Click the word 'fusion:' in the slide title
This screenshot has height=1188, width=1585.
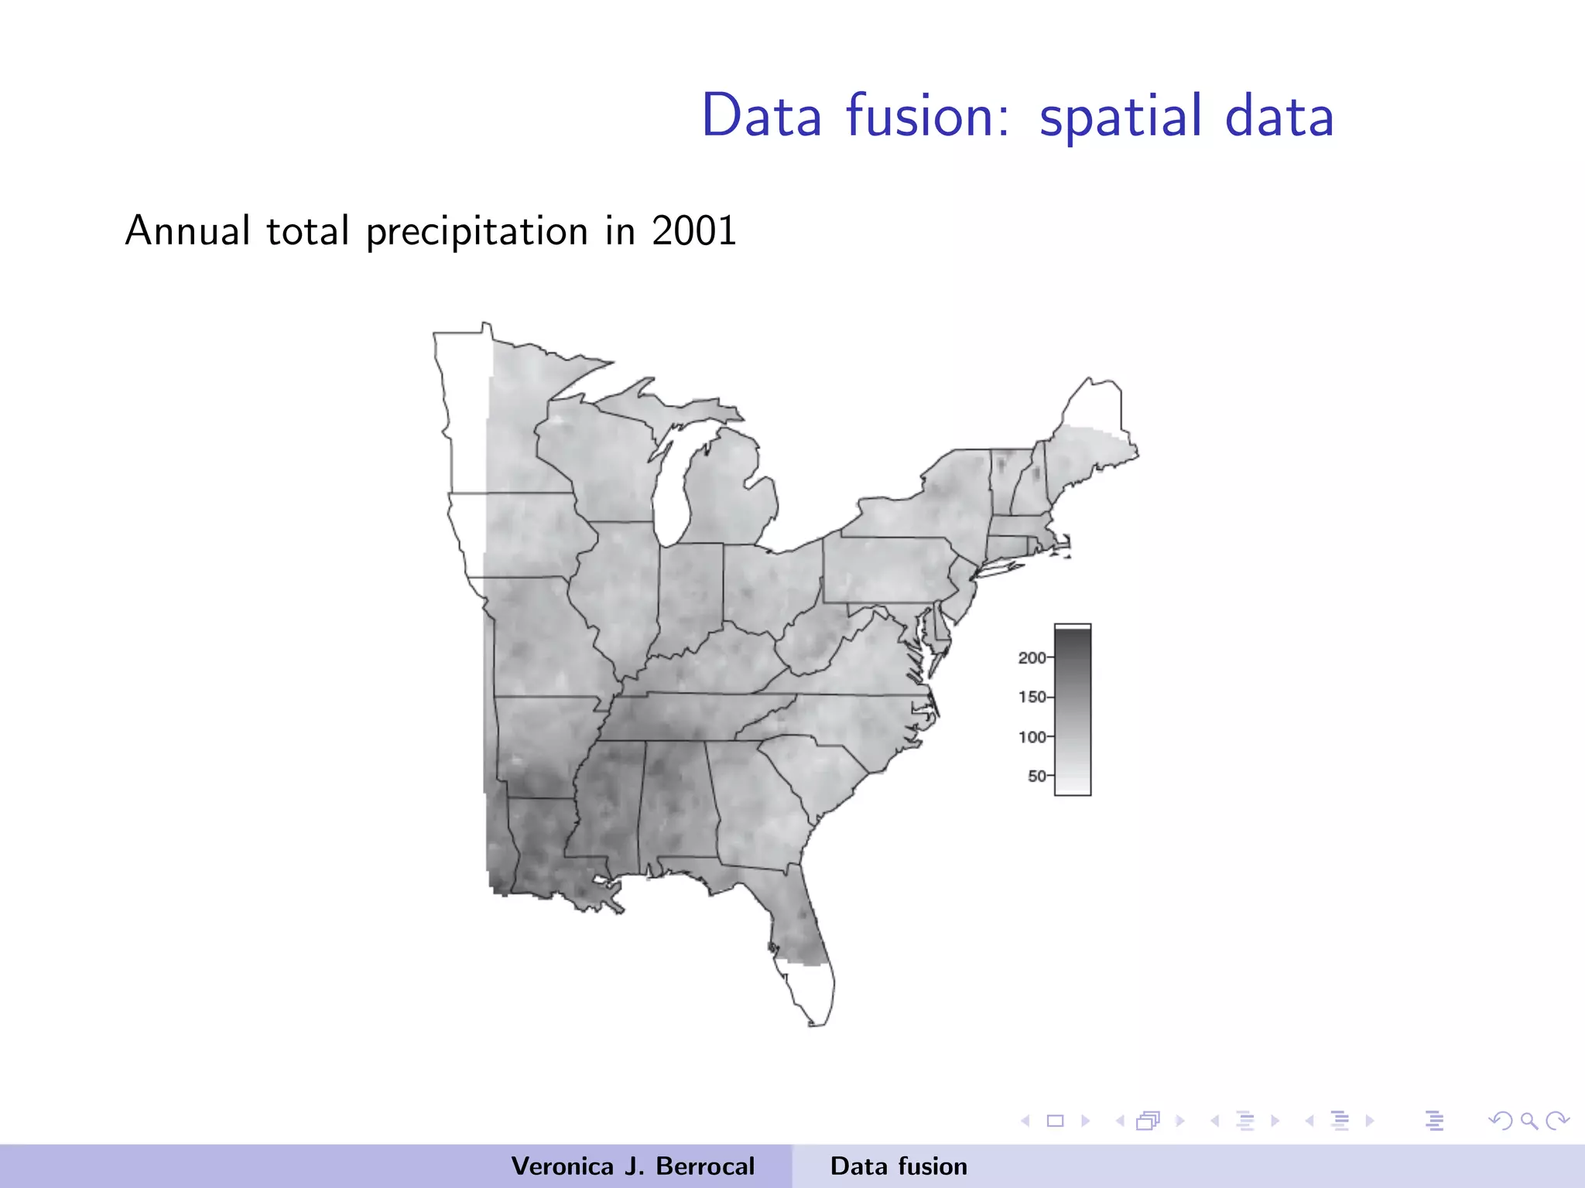click(x=927, y=116)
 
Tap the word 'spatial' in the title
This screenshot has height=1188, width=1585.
click(x=1121, y=118)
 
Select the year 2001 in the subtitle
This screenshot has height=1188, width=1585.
click(x=694, y=230)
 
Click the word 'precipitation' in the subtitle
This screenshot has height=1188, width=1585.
click(x=477, y=232)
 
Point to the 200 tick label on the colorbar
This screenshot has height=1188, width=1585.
click(x=1032, y=657)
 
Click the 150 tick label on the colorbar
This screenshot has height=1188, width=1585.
click(x=1032, y=697)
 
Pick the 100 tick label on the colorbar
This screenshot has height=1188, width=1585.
click(x=1032, y=736)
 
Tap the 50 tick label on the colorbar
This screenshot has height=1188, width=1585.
click(x=1036, y=776)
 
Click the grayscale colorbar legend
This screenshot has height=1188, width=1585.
click(x=1073, y=709)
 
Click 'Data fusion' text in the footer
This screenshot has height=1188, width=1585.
click(x=899, y=1166)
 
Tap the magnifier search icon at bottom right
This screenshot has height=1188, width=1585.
click(x=1529, y=1120)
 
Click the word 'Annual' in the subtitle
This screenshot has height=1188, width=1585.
click(x=188, y=230)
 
